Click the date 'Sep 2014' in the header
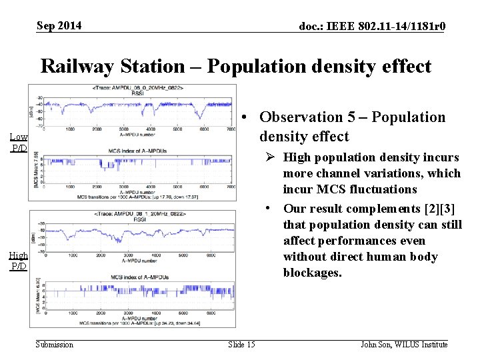[59, 25]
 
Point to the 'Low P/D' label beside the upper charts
[19, 142]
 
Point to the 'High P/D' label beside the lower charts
[19, 261]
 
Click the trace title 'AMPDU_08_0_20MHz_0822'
[135, 88]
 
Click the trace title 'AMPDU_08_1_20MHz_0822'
[135, 213]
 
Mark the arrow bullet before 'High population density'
[273, 158]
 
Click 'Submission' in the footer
[55, 344]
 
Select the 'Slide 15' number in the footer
[241, 344]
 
